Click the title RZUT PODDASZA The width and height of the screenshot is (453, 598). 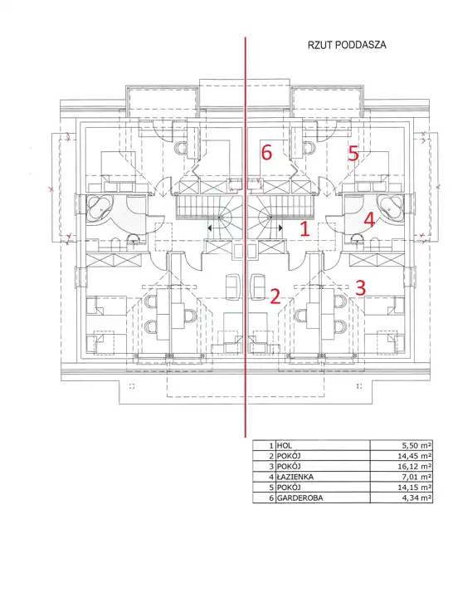pyautogui.click(x=347, y=45)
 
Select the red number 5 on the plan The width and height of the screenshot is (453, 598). pyautogui.click(x=353, y=154)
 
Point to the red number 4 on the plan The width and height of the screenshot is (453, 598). pyautogui.click(x=369, y=220)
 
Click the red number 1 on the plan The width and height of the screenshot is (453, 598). pyautogui.click(x=304, y=229)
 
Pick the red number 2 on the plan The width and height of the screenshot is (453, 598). pyautogui.click(x=275, y=297)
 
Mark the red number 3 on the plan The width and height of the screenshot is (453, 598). pyautogui.click(x=360, y=287)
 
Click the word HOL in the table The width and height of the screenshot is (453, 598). pyautogui.click(x=285, y=445)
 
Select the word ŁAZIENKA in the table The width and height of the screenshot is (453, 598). pyautogui.click(x=295, y=477)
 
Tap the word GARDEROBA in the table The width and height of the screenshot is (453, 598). pyautogui.click(x=300, y=498)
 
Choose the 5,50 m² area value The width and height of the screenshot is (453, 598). pyautogui.click(x=416, y=445)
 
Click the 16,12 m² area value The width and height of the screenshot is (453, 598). pyautogui.click(x=414, y=466)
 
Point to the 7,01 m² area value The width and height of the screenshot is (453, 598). pyautogui.click(x=416, y=477)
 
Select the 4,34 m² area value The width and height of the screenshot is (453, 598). pyautogui.click(x=416, y=498)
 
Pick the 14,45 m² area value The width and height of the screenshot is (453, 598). pyautogui.click(x=414, y=456)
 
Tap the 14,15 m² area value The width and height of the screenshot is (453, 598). pyautogui.click(x=414, y=487)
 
